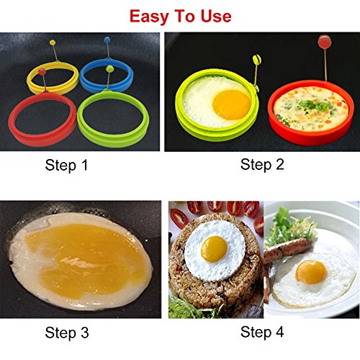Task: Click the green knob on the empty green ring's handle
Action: pyautogui.click(x=109, y=70)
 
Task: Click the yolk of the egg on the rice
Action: pyautogui.click(x=215, y=249)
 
